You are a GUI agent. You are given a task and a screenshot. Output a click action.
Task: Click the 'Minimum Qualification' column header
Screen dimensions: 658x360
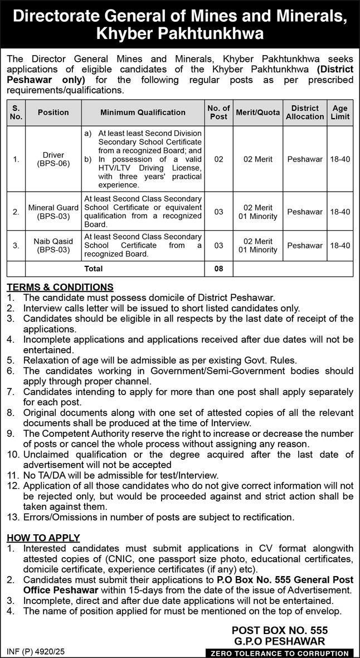(x=143, y=112)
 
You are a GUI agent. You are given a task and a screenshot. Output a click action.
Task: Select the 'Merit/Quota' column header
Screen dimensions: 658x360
(x=258, y=112)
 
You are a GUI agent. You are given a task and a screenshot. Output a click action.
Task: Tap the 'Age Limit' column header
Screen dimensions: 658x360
(x=340, y=112)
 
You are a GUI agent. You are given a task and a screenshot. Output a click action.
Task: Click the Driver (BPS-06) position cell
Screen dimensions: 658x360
(x=53, y=159)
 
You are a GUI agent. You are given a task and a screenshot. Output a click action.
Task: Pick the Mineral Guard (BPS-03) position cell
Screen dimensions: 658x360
(x=53, y=212)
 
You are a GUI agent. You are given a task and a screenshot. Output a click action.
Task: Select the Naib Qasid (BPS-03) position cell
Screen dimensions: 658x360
(x=53, y=245)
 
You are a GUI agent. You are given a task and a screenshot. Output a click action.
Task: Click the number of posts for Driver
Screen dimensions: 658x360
(x=218, y=159)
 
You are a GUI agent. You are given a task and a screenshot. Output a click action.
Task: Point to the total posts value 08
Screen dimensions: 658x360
(x=218, y=269)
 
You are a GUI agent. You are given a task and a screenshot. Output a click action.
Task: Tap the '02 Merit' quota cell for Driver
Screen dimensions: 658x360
(x=258, y=159)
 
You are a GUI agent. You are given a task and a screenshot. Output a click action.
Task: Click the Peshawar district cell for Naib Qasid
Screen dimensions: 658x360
(x=305, y=245)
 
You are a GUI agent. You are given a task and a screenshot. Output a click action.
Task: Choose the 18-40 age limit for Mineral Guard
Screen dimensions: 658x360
(x=340, y=212)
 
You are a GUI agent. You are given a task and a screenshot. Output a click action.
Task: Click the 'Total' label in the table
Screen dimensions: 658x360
(x=93, y=269)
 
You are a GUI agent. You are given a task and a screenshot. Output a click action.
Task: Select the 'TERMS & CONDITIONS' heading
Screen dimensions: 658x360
(x=60, y=287)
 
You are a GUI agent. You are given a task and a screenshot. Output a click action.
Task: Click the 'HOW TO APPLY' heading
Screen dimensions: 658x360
(x=43, y=538)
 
